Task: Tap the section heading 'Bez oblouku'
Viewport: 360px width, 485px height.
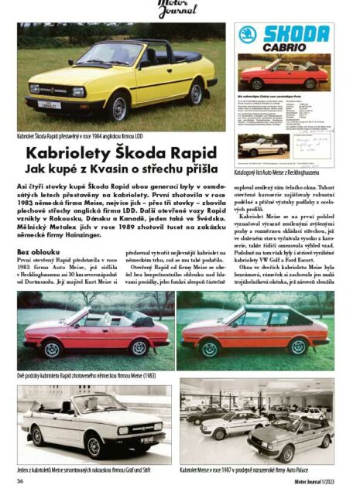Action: [x=35, y=252]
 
